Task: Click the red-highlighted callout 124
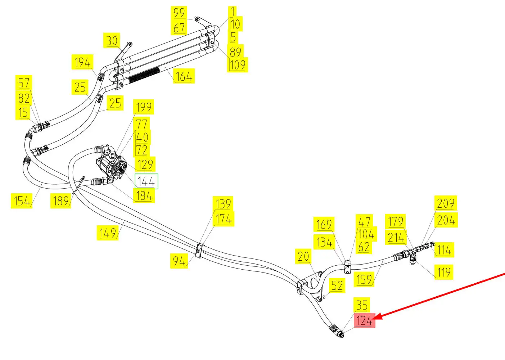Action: [364, 320]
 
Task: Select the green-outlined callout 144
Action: [146, 181]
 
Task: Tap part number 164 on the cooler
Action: [184, 76]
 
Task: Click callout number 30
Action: [112, 41]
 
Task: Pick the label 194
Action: [82, 62]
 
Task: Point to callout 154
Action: [22, 201]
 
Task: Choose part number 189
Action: [60, 201]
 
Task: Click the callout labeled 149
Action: [108, 233]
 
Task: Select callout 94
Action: [179, 261]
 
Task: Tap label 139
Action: [223, 204]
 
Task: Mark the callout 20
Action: [303, 256]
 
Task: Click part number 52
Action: [337, 285]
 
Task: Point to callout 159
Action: [364, 279]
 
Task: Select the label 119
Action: [443, 272]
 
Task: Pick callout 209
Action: [446, 203]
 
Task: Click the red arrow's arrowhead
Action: [377, 317]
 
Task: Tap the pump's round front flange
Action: [119, 170]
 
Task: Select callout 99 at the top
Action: [179, 13]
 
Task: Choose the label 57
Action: [24, 83]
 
